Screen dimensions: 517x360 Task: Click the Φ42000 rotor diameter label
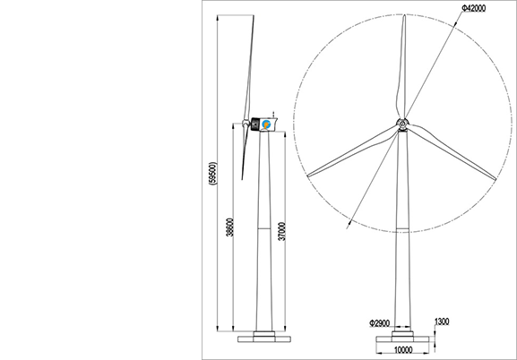pyautogui.click(x=473, y=8)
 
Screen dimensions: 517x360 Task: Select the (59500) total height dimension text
pyautogui.click(x=213, y=174)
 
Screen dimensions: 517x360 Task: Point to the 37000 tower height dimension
pyautogui.click(x=282, y=231)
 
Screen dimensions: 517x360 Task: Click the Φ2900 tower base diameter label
pyautogui.click(x=380, y=323)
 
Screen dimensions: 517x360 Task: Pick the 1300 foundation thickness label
pyautogui.click(x=442, y=321)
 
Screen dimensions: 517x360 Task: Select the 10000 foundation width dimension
pyautogui.click(x=403, y=350)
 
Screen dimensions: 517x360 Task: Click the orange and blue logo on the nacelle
pyautogui.click(x=266, y=124)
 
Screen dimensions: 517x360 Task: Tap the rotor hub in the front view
pyautogui.click(x=402, y=124)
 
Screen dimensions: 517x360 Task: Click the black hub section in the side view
pyautogui.click(x=254, y=124)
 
